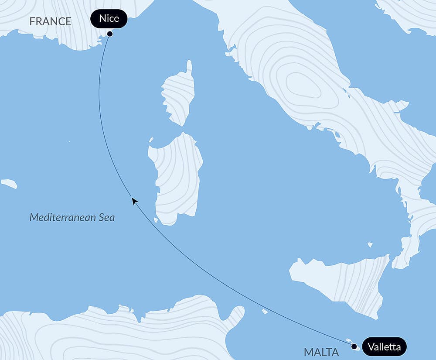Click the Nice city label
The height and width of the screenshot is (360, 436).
click(109, 19)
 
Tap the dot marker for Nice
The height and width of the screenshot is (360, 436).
click(110, 34)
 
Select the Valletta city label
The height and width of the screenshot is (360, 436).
click(384, 347)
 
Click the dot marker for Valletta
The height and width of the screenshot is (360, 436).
click(354, 346)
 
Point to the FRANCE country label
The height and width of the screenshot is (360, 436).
click(50, 21)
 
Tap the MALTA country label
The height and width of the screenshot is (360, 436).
click(321, 352)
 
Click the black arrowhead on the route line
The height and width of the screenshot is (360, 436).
click(135, 201)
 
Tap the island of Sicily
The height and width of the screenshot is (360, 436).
click(344, 279)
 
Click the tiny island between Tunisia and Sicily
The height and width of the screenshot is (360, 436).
click(265, 312)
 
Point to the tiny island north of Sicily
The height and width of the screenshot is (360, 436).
click(370, 245)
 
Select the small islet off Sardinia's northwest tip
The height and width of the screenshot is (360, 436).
click(151, 140)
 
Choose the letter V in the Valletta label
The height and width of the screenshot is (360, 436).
click(371, 347)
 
